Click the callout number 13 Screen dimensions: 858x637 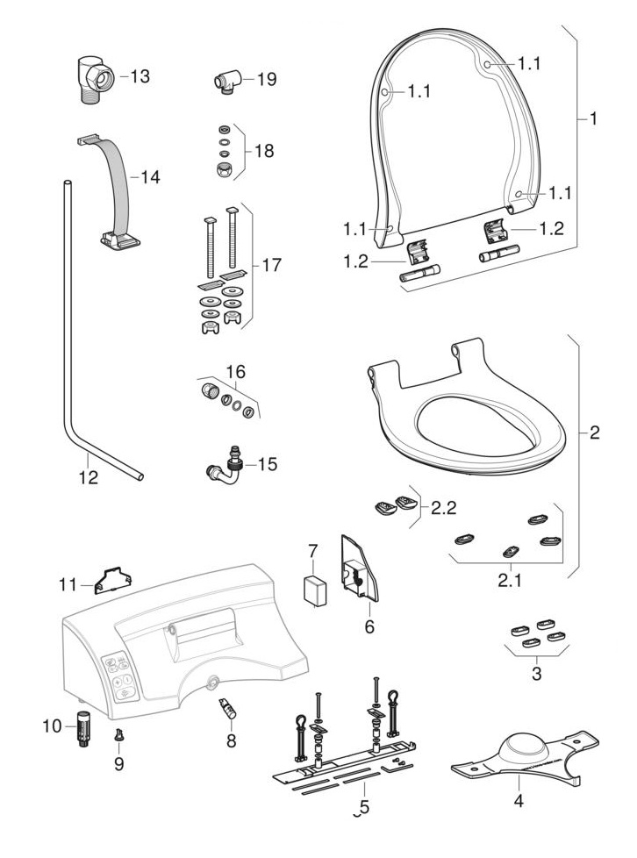[x=140, y=76]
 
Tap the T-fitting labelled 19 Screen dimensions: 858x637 [x=229, y=81]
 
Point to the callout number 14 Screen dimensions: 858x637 [x=151, y=176]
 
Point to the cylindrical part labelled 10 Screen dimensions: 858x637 [x=84, y=728]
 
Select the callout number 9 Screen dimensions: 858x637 [x=118, y=762]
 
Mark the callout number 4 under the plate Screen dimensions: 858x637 [x=518, y=800]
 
